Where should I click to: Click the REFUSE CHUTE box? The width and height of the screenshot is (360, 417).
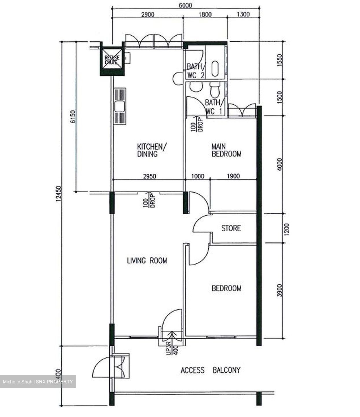coord(112,60)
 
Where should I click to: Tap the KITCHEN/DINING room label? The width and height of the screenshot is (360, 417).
coord(152,150)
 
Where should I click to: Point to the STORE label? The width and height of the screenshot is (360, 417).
coord(231,228)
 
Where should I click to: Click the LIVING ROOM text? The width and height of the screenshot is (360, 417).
coord(147,261)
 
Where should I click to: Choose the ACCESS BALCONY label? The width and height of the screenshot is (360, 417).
coord(210,370)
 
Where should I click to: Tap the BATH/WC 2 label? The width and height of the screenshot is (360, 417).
coord(196,71)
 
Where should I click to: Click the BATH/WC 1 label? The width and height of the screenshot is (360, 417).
coord(212,107)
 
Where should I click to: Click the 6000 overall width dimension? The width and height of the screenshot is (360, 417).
coord(185,5)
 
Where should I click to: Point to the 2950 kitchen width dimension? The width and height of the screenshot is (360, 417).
coord(149,176)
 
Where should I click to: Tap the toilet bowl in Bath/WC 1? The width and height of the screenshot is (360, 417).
coord(214,90)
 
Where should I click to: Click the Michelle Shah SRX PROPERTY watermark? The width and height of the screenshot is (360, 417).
coord(38,382)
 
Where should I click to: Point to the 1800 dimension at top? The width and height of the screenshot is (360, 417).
coord(205,14)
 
